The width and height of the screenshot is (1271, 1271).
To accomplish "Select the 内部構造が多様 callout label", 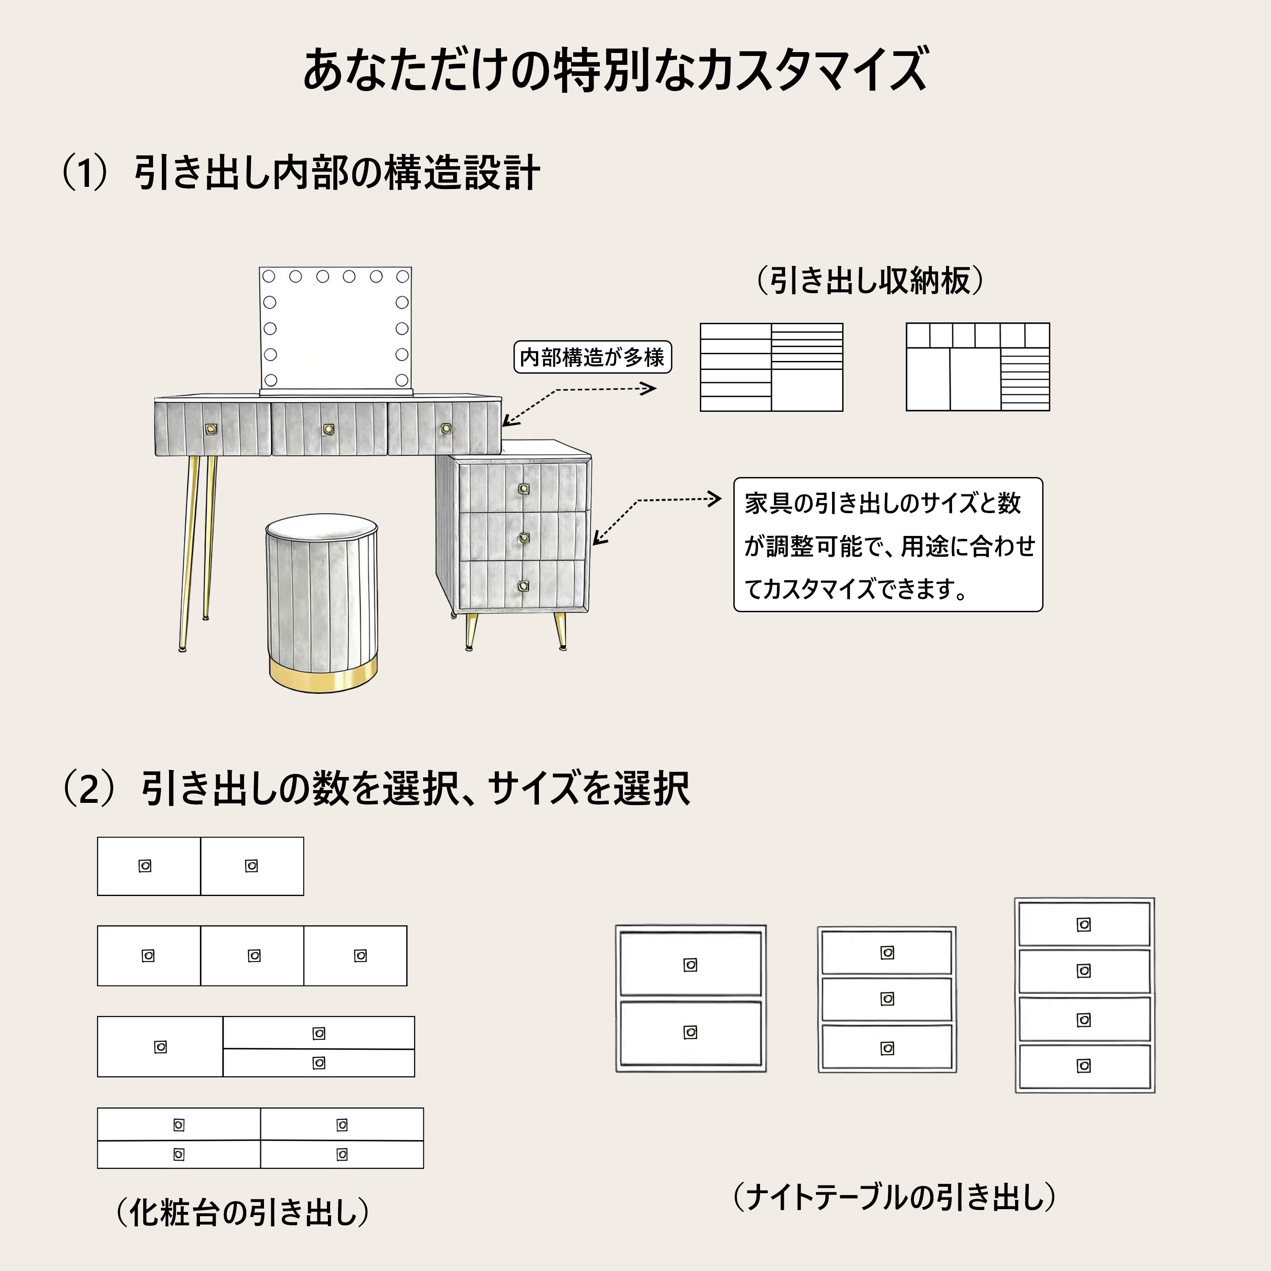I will point(592,357).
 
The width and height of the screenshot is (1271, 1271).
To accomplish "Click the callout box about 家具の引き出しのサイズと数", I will point(888,545).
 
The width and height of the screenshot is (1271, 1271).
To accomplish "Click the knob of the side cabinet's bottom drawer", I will point(524,586).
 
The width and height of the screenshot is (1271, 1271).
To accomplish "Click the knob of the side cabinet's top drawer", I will point(524,489).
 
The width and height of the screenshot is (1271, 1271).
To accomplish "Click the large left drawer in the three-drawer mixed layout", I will point(160,1046).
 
